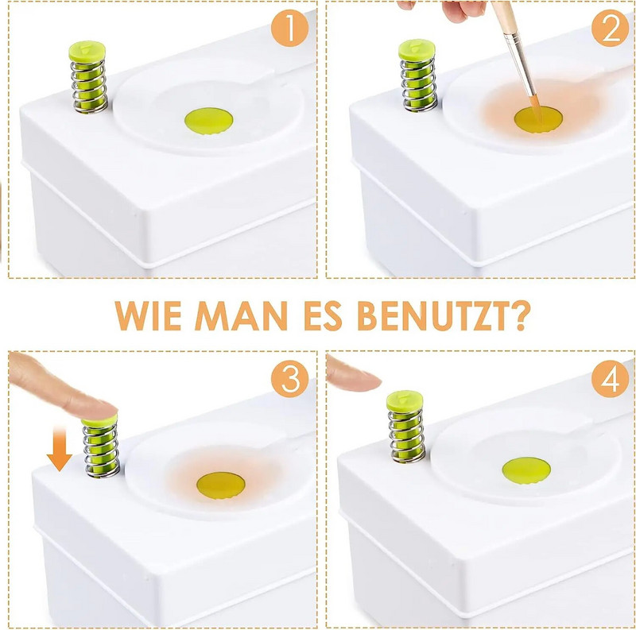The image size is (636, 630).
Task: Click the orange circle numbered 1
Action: coord(289,28)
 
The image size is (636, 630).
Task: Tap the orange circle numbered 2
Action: coord(610,28)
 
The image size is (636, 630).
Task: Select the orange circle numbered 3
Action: coord(289,379)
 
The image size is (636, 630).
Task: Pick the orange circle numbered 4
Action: coord(610,379)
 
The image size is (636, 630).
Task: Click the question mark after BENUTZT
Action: coord(521,315)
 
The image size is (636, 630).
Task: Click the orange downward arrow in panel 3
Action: coord(59,448)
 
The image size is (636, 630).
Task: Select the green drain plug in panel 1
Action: coord(209,121)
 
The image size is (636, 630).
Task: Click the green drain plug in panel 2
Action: coord(538,120)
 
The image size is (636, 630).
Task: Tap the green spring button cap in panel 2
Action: coord(417,50)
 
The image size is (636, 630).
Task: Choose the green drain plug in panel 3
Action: coord(221,485)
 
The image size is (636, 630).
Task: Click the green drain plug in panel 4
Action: coord(526,470)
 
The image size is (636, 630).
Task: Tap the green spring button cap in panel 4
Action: coord(405,401)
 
